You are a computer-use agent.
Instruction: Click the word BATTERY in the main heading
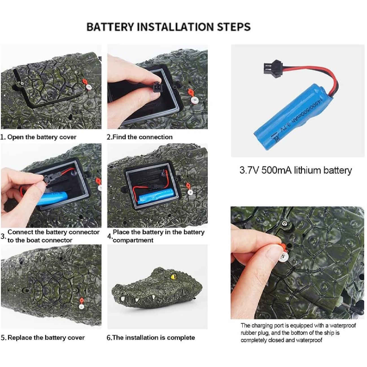(110, 27)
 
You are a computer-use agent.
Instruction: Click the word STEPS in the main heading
(234, 27)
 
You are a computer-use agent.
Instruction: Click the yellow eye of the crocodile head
(173, 276)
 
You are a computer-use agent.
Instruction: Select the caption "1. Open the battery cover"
(38, 137)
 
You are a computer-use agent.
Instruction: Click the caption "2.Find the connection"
(139, 137)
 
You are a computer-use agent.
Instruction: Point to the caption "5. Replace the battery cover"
(43, 338)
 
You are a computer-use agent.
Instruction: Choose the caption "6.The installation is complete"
(151, 338)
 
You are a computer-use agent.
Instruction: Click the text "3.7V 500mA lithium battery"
(296, 170)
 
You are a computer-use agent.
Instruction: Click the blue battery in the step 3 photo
(52, 198)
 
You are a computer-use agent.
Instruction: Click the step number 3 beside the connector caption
(3, 236)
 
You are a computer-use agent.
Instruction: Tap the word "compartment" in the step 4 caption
(133, 240)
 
